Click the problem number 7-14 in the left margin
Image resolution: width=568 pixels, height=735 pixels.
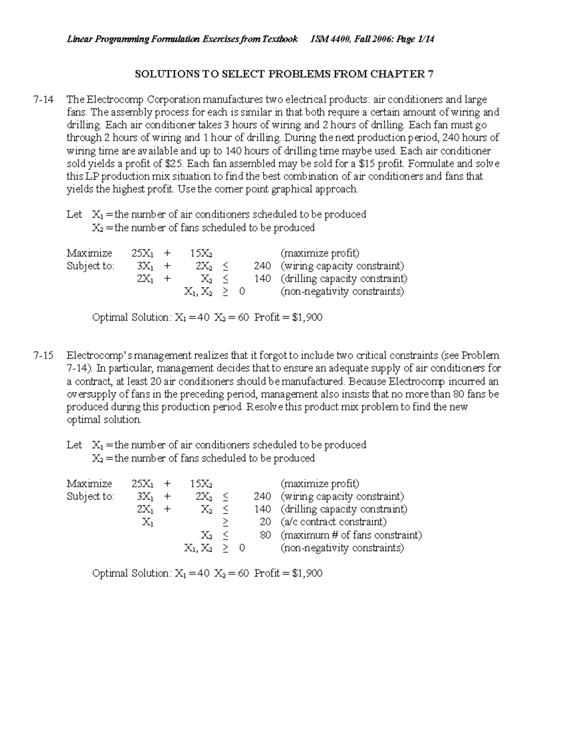43,100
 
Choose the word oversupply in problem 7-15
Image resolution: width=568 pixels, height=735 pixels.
89,394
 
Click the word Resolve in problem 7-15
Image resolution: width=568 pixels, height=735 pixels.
265,407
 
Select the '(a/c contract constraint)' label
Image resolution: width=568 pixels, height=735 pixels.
333,522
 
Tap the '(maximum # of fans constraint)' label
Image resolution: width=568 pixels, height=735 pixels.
351,535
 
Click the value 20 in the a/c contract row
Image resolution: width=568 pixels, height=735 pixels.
265,522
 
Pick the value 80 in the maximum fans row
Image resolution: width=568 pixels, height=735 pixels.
265,535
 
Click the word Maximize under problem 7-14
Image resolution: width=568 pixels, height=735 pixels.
89,253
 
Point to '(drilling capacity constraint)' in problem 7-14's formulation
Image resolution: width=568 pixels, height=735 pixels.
344,279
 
